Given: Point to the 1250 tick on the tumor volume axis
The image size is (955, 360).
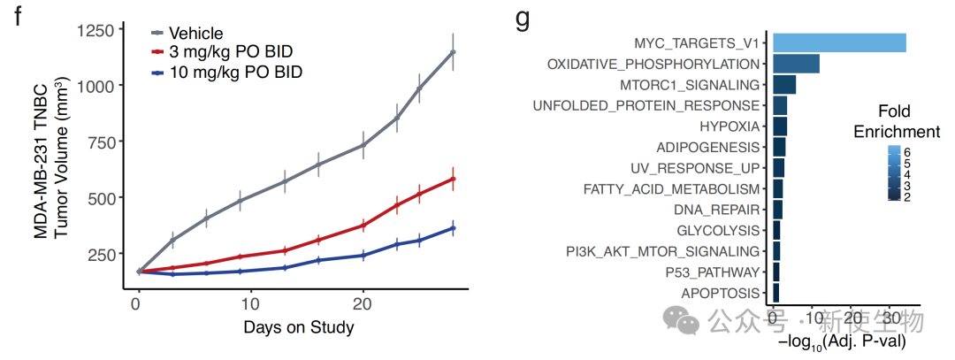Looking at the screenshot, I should (x=95, y=31).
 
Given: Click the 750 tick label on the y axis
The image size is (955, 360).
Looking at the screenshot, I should (x=99, y=143).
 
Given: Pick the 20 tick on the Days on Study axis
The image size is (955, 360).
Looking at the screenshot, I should (x=363, y=303).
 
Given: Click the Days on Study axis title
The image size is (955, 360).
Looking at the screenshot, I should (x=298, y=328).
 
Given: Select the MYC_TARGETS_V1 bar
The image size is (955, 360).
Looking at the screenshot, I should (x=839, y=42).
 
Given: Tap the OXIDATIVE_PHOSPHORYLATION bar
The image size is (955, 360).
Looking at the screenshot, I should (x=796, y=64).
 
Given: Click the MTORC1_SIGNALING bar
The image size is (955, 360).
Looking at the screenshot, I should (x=784, y=85).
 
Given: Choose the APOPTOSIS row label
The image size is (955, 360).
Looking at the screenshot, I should (x=720, y=293).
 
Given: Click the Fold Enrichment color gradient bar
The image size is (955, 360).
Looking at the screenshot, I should (x=895, y=174).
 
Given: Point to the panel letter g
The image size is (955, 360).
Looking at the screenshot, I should (x=522, y=18).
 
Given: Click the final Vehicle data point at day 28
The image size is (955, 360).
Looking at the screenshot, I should (x=453, y=52).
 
